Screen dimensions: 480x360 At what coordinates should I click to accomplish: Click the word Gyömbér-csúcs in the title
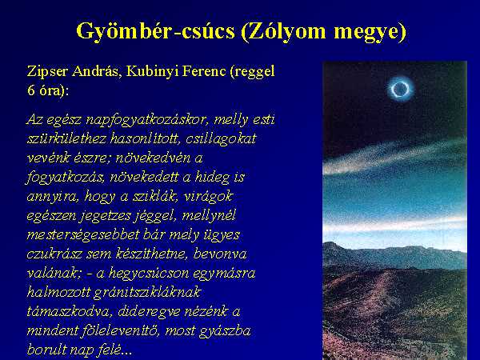[155, 31]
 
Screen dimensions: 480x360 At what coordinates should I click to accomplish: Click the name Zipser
[47, 72]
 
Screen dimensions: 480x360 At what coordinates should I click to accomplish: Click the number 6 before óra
[31, 90]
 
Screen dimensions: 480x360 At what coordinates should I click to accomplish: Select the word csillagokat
[221, 139]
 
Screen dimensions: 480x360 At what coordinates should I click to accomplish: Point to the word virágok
[209, 197]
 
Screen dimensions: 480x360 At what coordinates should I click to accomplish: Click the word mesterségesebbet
[82, 235]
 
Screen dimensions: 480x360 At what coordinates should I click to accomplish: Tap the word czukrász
[54, 254]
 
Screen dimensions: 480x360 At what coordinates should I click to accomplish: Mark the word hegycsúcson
[149, 274]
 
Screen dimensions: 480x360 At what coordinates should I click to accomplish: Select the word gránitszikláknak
[147, 293]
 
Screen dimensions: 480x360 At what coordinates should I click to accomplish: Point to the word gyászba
[225, 331]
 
